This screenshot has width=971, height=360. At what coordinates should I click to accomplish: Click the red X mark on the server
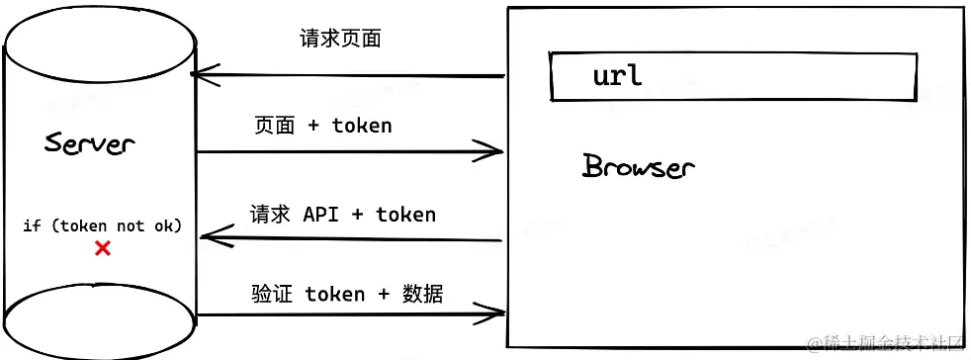coord(102,249)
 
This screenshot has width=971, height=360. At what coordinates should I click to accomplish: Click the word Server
coord(90,143)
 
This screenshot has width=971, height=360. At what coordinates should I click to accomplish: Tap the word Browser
coord(639,166)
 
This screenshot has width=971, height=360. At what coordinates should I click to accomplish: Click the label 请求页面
coord(340,39)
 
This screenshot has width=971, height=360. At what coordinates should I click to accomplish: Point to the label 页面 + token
coord(322,126)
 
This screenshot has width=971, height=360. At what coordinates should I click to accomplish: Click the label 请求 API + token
coord(342,215)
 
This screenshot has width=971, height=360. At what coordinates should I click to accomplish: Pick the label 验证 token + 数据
coord(347,294)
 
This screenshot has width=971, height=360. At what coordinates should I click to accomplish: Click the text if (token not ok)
coord(103,225)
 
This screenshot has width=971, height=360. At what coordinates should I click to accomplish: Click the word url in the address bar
coord(617,75)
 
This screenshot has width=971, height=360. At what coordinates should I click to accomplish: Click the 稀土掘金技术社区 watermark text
coord(885,344)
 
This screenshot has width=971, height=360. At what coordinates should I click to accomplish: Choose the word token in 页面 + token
coord(362,126)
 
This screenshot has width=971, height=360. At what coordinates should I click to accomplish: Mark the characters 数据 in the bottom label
coord(423,294)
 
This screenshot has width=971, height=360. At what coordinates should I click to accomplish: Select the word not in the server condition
coord(131,225)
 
